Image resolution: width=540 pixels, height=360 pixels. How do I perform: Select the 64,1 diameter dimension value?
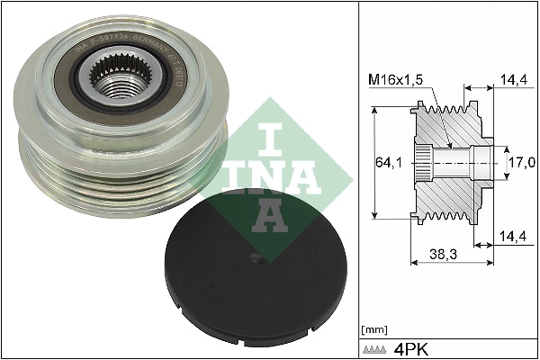[x=389, y=163]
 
